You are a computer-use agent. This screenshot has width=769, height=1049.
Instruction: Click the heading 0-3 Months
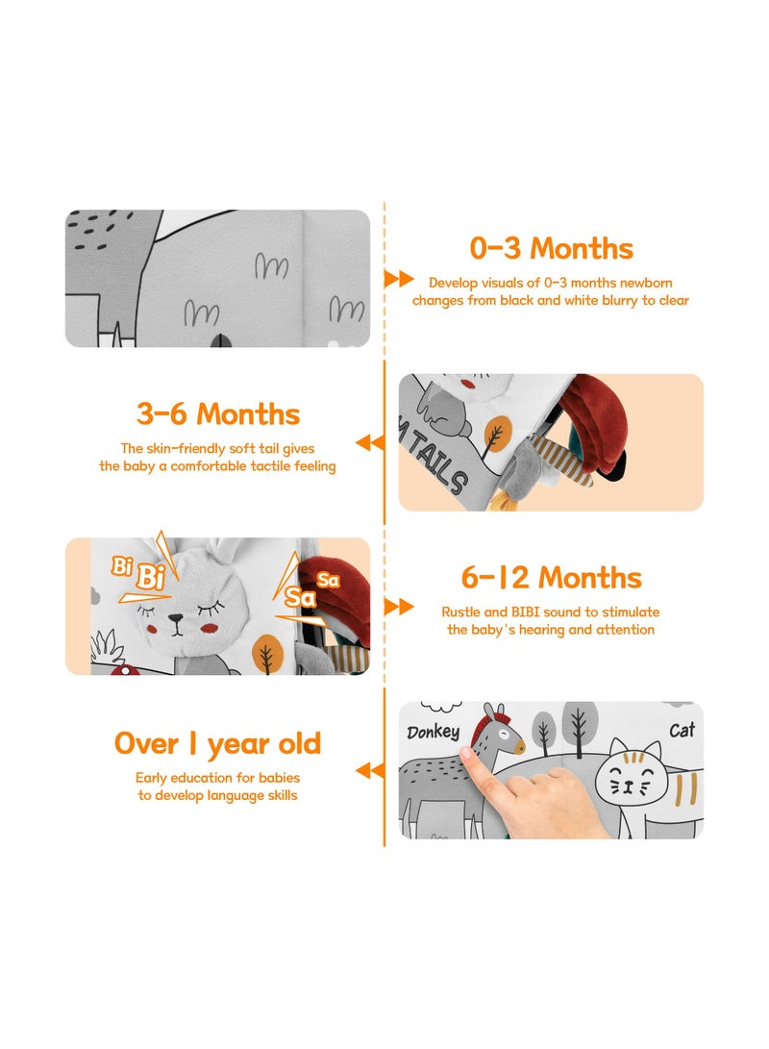click(551, 248)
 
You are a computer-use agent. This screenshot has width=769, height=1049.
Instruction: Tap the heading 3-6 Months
click(218, 414)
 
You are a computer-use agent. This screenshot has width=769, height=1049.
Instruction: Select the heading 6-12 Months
click(551, 578)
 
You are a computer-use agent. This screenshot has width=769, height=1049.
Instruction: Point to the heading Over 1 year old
click(218, 744)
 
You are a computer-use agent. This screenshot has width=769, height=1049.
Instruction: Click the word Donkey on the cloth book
click(434, 732)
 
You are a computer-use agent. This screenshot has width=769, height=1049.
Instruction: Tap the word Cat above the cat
click(682, 730)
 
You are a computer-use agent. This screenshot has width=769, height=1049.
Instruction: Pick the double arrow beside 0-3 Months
click(399, 279)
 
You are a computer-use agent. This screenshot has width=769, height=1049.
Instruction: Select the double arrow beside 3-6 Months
click(370, 442)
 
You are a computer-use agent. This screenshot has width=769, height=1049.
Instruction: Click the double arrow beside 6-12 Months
click(399, 607)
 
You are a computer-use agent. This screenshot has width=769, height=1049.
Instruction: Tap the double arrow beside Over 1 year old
click(370, 771)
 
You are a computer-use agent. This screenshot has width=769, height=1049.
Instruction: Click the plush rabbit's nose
click(176, 620)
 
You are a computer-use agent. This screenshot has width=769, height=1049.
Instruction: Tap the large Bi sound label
click(151, 576)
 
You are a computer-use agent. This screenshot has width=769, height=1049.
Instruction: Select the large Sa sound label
click(300, 597)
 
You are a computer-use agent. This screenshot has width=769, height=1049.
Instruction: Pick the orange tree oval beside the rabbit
click(267, 652)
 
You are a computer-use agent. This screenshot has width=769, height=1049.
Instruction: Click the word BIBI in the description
click(525, 612)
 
